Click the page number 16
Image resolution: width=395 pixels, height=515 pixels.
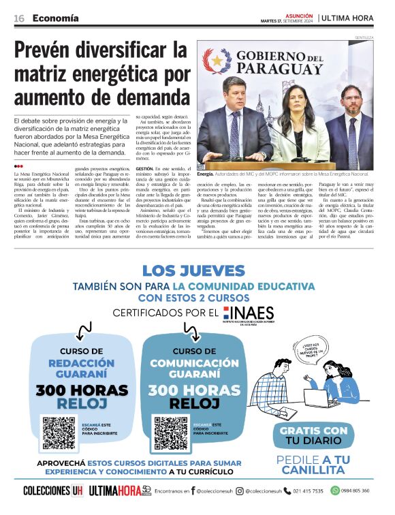19,18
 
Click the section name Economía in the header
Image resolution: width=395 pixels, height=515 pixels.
55,18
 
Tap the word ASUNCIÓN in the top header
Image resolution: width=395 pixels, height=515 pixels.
298,14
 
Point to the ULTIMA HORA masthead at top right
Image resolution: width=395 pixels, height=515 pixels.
348,18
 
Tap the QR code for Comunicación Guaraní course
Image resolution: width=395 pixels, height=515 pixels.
170,433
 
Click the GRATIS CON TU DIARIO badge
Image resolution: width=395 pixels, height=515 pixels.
313,436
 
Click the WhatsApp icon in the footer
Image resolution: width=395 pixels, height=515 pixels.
334,490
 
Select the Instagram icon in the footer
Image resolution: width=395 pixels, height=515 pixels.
239,490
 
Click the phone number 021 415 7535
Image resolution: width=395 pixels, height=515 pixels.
308,490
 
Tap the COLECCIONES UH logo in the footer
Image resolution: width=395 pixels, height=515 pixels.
52,490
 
